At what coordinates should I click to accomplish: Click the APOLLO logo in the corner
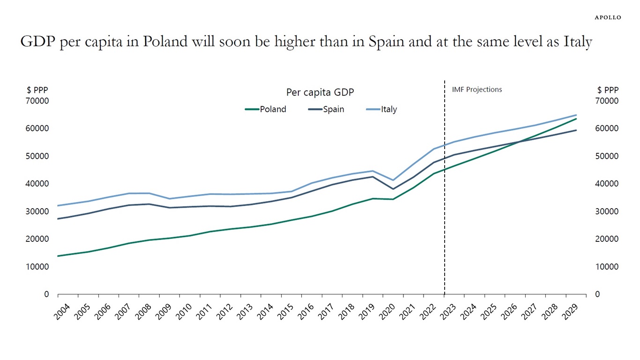[x=608, y=17]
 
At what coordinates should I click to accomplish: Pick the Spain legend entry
[x=333, y=109]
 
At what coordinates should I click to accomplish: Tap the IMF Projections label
[x=476, y=90]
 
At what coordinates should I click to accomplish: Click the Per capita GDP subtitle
[x=320, y=93]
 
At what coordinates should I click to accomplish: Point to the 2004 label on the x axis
[x=63, y=312]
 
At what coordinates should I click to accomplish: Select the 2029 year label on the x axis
[x=571, y=312]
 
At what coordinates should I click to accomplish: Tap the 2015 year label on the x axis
[x=286, y=312]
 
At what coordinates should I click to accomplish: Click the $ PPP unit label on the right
[x=608, y=90]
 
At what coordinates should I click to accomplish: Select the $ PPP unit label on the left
[x=37, y=90]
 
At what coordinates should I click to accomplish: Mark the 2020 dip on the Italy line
[x=393, y=180]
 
